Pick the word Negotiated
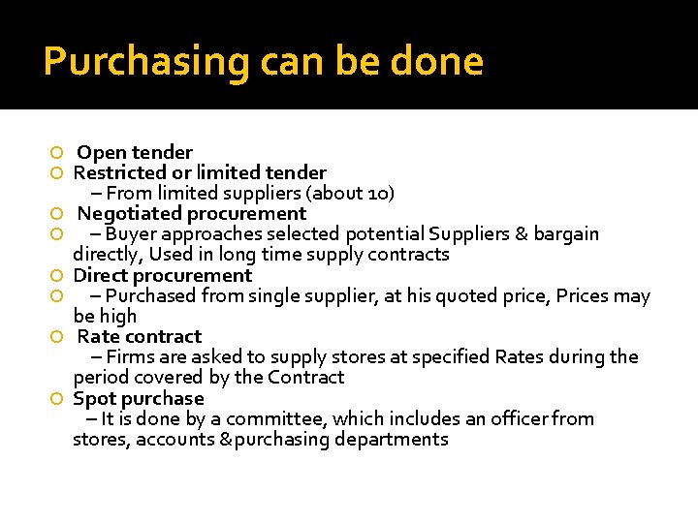click(129, 213)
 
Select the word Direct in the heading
click(102, 275)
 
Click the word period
click(102, 378)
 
